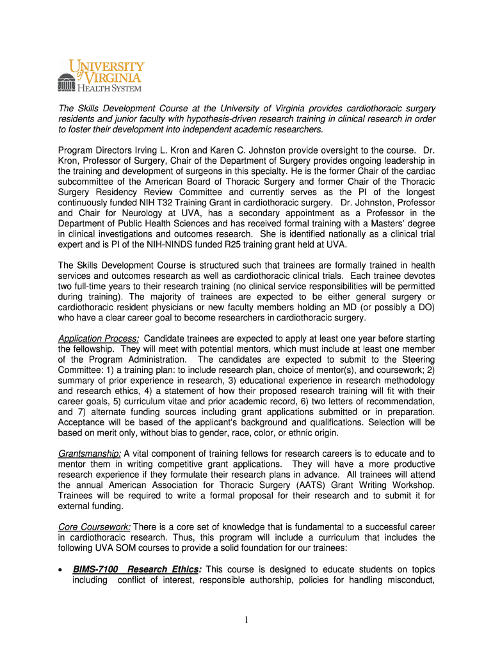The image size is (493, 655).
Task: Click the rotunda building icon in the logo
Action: pos(66,82)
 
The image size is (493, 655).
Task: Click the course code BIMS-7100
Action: pos(95,569)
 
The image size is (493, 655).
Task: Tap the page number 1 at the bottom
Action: pos(247,619)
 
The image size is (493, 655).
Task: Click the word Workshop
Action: pos(414,485)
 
